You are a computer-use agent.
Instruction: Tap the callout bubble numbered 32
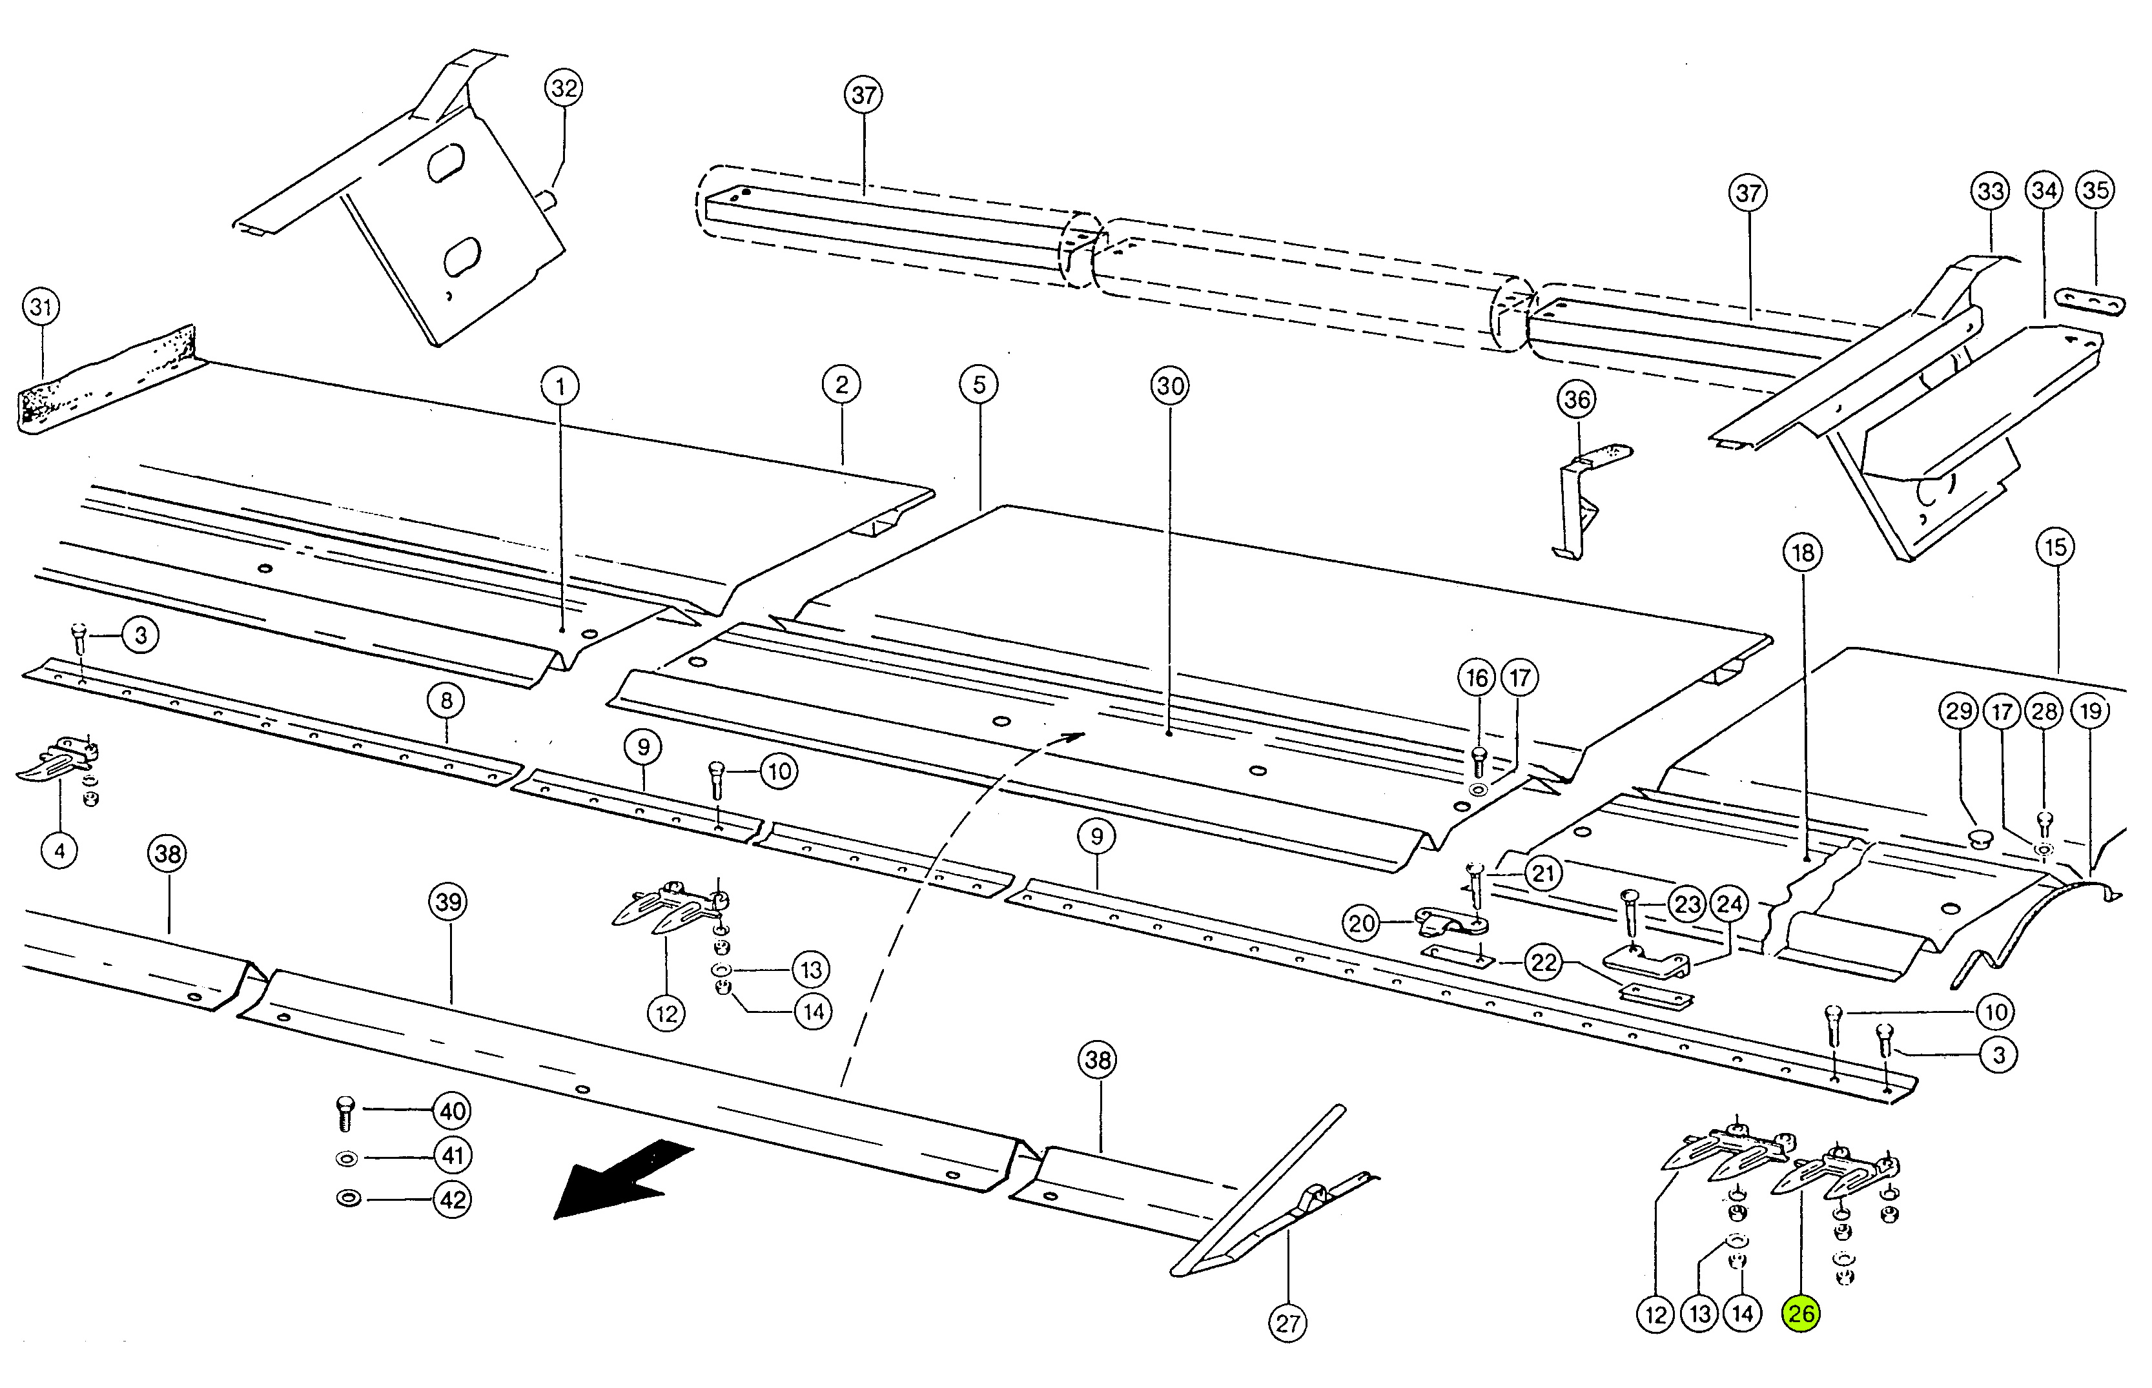(x=564, y=88)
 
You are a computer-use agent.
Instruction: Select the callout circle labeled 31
(x=41, y=307)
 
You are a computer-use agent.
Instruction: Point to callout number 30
(x=1170, y=386)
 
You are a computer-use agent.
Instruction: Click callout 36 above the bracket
(x=1577, y=399)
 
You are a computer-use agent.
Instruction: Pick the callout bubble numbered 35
(x=2095, y=190)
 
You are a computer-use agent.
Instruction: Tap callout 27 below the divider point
(x=1287, y=1323)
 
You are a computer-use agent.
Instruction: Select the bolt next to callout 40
(x=346, y=1114)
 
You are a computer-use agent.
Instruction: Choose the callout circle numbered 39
(x=449, y=903)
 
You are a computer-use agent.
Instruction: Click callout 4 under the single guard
(x=59, y=850)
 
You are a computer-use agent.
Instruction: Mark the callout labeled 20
(x=1362, y=923)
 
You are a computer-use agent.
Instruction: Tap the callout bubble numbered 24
(x=1728, y=903)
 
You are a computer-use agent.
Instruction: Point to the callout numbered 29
(x=1959, y=711)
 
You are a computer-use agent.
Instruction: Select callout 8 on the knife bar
(x=447, y=700)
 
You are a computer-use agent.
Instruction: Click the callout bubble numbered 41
(x=453, y=1156)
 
